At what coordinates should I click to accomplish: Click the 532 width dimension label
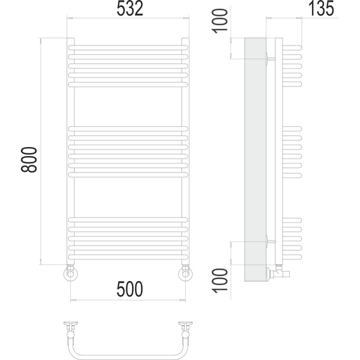point(130,9)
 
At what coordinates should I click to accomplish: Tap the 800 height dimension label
point(29,160)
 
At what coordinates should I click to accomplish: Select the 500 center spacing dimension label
point(129,289)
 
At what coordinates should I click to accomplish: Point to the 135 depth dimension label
point(321,9)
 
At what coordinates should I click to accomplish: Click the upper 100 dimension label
point(220,21)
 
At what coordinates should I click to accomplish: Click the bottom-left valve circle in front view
point(70,274)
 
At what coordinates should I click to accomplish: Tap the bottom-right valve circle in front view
point(185,274)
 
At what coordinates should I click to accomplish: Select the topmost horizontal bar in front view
point(128,48)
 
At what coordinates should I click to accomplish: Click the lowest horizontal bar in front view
point(128,257)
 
